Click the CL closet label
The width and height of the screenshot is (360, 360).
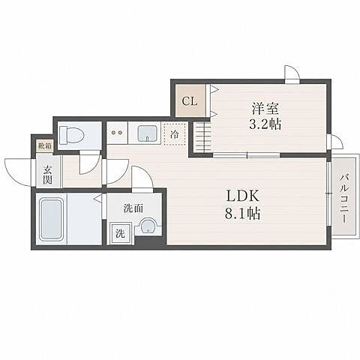[x=190, y=101]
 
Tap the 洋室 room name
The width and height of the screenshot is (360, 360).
[x=265, y=109]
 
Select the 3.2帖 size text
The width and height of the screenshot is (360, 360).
[x=265, y=124]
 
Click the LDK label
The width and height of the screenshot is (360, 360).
[x=242, y=196]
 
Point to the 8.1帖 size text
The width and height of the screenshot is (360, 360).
[x=242, y=214]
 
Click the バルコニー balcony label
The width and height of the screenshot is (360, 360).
[x=344, y=199]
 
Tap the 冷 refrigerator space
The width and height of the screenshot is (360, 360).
[x=175, y=134]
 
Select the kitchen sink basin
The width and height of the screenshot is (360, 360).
[x=148, y=133]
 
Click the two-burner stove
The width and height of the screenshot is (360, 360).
[x=117, y=133]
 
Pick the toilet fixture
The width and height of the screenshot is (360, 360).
[x=71, y=136]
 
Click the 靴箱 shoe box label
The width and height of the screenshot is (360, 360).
[x=45, y=145]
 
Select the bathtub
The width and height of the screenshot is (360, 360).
[x=51, y=220]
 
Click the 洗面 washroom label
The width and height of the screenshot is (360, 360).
[x=133, y=208]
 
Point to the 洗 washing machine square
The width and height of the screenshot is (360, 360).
[x=120, y=233]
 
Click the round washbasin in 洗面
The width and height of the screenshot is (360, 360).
[x=148, y=226]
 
